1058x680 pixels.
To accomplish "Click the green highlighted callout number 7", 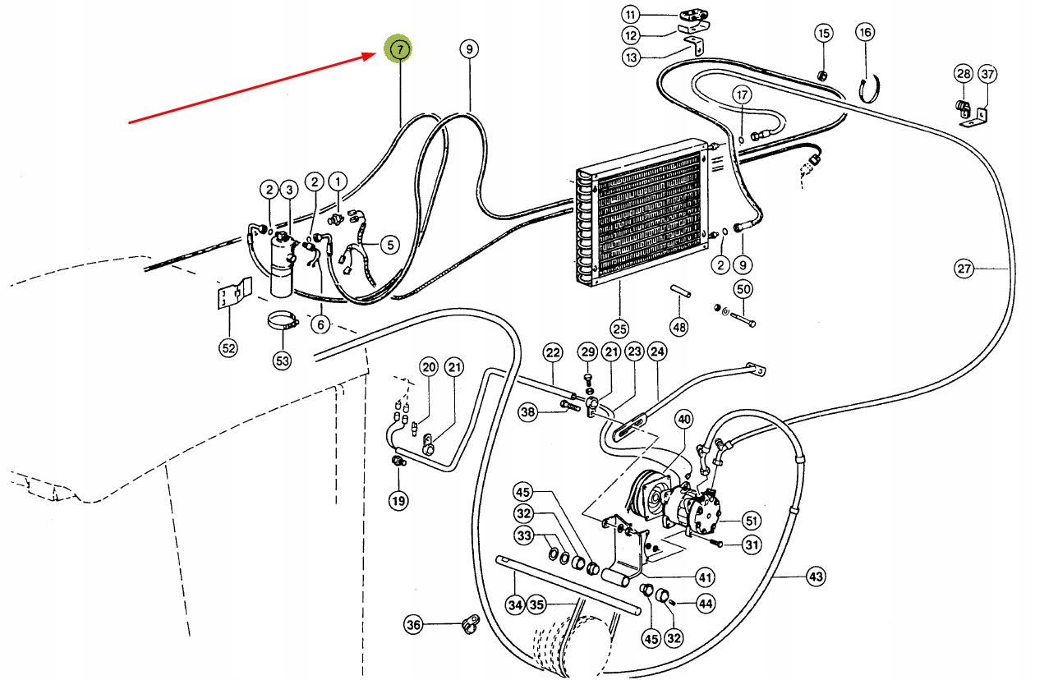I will [x=399, y=49].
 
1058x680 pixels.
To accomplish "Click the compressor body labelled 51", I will [x=698, y=513].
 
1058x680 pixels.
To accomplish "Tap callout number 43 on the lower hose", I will [x=815, y=577].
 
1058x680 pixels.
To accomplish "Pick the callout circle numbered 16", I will [x=864, y=33].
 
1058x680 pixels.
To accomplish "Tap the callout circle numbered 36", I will [x=413, y=626].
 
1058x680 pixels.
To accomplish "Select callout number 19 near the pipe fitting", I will [x=398, y=499].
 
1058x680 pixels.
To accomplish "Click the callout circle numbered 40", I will [x=684, y=420].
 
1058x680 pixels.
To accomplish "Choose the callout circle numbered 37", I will [x=988, y=74].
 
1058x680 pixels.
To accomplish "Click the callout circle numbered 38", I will [x=528, y=411].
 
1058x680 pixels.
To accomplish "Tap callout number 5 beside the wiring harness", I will [x=389, y=244].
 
